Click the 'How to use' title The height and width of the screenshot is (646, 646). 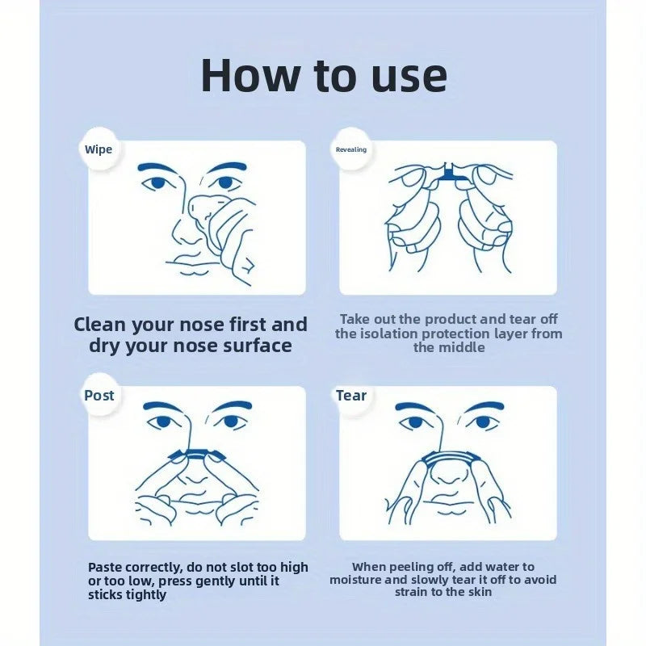coord(323,74)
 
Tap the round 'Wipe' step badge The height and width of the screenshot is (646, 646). coord(99,149)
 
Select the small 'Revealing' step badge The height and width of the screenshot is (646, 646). coord(351,149)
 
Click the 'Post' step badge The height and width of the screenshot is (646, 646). coord(99,396)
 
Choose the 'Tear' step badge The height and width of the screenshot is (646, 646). coord(351,396)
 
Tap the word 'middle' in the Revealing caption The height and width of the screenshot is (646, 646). coord(449,348)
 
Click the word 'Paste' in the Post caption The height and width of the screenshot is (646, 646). coord(107,568)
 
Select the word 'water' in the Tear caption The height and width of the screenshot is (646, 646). coord(499,568)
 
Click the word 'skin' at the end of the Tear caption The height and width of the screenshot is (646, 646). coord(478,592)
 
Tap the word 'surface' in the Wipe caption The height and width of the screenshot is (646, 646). coord(256,346)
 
